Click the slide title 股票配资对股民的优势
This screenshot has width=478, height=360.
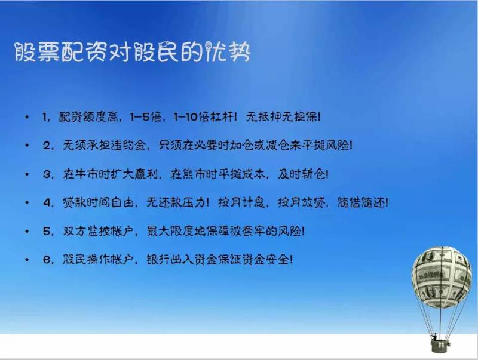click(133, 52)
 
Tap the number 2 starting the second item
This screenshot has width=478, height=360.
click(47, 146)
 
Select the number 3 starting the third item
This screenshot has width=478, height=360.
click(47, 174)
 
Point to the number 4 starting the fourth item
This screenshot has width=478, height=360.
click(48, 202)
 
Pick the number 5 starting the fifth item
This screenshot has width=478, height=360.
click(47, 231)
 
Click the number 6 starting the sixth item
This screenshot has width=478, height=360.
click(47, 260)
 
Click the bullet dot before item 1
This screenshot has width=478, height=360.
click(27, 117)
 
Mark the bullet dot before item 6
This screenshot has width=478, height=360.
click(27, 260)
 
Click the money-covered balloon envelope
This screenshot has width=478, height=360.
click(442, 276)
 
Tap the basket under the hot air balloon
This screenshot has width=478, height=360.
click(440, 346)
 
